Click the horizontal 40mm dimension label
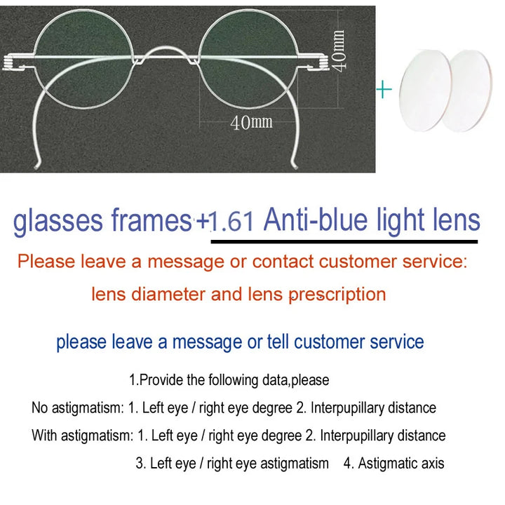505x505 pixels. [251, 123]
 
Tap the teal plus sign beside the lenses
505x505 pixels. [383, 90]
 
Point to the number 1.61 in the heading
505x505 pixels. [231, 222]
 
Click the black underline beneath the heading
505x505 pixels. [344, 241]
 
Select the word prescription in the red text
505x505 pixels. [337, 294]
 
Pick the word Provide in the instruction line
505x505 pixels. [162, 380]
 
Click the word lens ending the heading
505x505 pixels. [456, 220]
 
